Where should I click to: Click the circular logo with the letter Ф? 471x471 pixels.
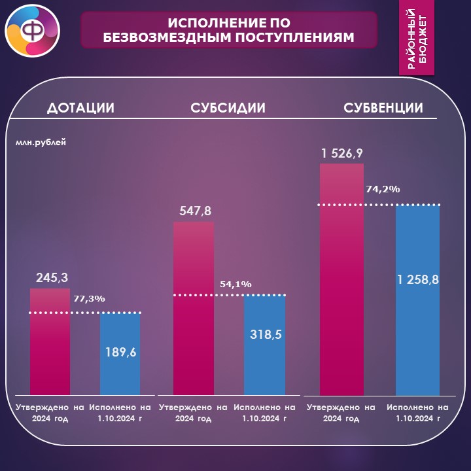[x=33, y=31]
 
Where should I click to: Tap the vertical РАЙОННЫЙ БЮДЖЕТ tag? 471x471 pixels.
[x=416, y=37]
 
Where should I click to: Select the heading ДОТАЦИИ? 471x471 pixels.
[x=81, y=107]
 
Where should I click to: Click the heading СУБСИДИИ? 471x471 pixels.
[x=228, y=107]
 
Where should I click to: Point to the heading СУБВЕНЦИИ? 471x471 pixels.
[x=383, y=107]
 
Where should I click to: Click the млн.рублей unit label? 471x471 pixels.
[x=41, y=142]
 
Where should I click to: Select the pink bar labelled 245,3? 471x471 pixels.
[x=50, y=341]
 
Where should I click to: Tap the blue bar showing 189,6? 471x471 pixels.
[x=120, y=354]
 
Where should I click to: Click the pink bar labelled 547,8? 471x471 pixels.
[x=194, y=308]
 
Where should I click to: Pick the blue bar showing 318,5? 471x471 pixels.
[x=265, y=345]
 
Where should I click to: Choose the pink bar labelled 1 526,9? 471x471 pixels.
[x=341, y=279]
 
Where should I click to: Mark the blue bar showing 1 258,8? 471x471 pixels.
[x=417, y=300]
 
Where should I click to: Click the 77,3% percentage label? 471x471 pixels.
[x=89, y=299]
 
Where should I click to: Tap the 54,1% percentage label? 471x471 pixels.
[x=235, y=284]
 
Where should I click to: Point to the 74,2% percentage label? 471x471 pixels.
[x=383, y=189]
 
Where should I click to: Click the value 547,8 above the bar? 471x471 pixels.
[x=195, y=211]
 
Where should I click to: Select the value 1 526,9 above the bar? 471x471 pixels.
[x=342, y=153]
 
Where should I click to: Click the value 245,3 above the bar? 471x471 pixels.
[x=52, y=277]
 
